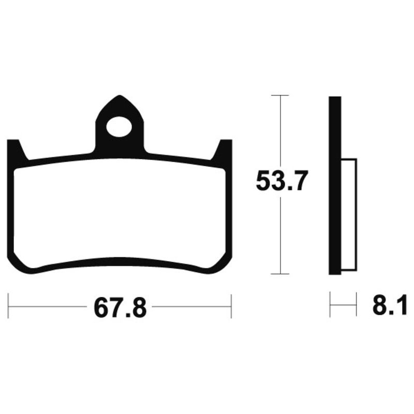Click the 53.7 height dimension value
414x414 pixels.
pos(282,182)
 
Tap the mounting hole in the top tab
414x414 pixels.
pos(120,126)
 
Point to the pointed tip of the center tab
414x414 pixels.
pos(120,97)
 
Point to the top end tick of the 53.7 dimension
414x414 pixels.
pos(280,96)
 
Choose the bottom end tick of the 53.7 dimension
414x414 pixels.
pos(280,274)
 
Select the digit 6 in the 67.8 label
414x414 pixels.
pos(100,308)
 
